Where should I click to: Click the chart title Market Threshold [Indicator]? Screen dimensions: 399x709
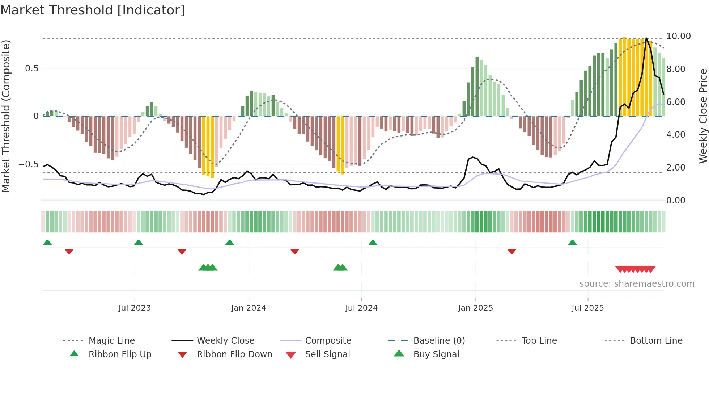pos(93,10)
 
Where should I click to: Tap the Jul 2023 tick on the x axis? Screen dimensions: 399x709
pos(135,308)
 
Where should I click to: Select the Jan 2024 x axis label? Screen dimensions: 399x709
pos(249,308)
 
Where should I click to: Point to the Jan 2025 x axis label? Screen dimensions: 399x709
pos(475,308)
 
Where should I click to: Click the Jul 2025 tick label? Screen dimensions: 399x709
pos(587,308)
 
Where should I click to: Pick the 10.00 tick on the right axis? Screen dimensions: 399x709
pos(678,36)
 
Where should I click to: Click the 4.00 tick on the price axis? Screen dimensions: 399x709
pos(675,135)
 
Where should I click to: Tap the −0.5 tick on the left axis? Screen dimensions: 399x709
pos(28,164)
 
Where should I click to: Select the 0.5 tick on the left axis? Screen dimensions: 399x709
pos(31,68)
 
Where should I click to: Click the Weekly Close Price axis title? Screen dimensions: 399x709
pos(703,116)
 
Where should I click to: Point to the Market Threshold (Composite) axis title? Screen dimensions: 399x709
pos(6,116)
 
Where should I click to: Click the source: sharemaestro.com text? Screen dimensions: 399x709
pos(637,284)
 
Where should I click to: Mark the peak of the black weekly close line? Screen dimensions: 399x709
pos(646,38)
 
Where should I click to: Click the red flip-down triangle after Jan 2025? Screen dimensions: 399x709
pos(511,251)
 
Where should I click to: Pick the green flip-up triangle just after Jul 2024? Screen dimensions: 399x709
pos(373,242)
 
